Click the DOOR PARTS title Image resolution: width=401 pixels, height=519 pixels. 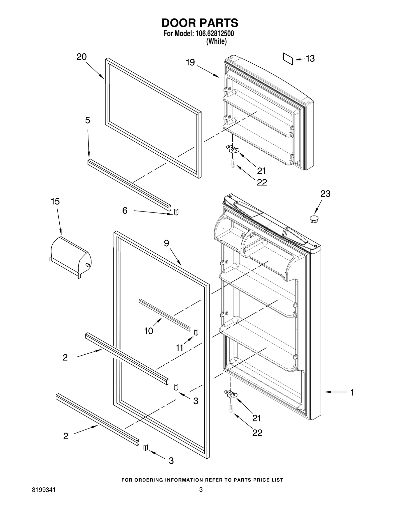coord(200,23)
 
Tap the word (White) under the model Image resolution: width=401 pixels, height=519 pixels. coord(216,41)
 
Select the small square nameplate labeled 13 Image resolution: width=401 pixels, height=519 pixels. coord(288,59)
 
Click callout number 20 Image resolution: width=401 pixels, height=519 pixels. coord(81,57)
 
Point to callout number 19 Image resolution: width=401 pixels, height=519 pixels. coord(190,62)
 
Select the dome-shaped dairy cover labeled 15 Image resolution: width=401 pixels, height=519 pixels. coord(71,257)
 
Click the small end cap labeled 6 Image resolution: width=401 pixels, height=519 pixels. coord(176,212)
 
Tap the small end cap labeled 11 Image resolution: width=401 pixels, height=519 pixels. coord(196,332)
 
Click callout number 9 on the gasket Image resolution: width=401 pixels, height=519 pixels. coord(166,243)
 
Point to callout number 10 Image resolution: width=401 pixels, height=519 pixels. coord(149,331)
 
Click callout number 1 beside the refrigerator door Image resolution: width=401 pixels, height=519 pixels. coord(352,392)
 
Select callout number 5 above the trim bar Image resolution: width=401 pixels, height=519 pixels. coord(87,120)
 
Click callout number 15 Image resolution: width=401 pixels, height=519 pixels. coord(55,201)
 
